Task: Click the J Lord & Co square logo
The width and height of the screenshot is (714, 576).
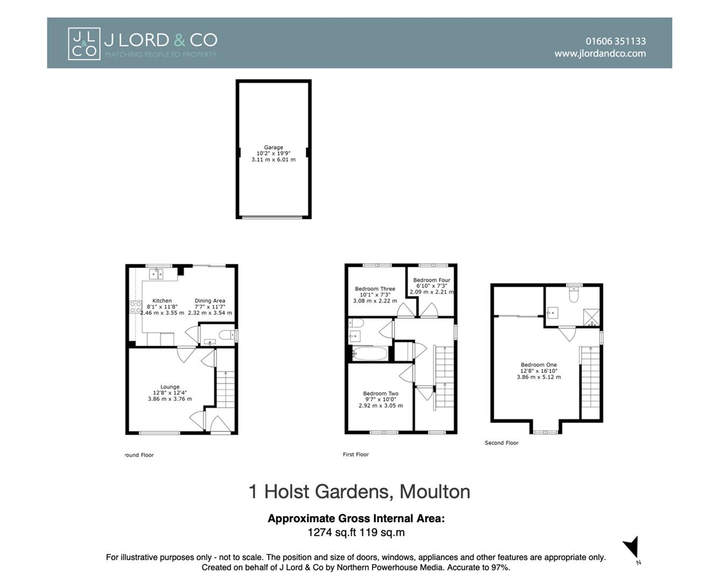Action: click(84, 44)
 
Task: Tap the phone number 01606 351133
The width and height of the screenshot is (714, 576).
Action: click(616, 41)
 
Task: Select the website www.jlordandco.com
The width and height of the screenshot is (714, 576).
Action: click(600, 53)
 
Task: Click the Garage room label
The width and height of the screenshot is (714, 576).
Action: click(273, 147)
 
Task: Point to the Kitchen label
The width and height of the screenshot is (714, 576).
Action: click(162, 301)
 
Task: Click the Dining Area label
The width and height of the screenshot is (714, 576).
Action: click(210, 301)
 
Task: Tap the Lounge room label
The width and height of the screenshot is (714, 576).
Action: click(170, 387)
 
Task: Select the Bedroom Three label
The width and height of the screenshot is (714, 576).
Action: click(375, 289)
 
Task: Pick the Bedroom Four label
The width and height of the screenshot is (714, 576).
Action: click(432, 280)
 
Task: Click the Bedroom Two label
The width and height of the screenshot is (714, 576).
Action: click(381, 393)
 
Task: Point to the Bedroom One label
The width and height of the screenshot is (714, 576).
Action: click(539, 365)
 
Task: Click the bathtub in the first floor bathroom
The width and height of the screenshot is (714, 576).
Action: click(370, 354)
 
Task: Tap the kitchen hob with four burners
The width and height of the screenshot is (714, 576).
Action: click(135, 307)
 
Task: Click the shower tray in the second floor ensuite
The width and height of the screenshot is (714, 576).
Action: click(591, 317)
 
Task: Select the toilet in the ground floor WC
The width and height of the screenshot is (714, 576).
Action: click(228, 334)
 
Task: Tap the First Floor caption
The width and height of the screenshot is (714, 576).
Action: click(356, 455)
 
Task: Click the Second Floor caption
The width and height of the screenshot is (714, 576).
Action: click(502, 443)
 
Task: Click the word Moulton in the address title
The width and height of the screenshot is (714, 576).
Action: click(434, 492)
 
